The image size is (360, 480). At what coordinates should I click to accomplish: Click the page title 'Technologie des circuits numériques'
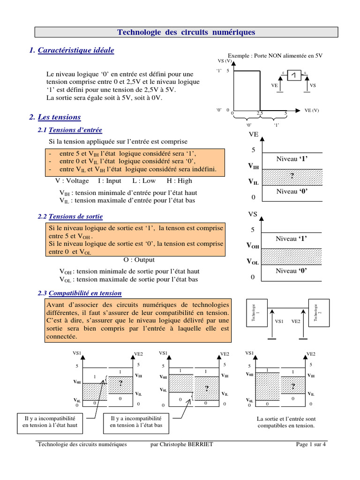(186, 32)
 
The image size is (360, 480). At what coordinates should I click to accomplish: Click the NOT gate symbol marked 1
(294, 76)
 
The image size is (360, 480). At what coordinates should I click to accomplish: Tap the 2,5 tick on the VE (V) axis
(260, 113)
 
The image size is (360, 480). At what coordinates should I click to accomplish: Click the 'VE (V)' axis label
(312, 111)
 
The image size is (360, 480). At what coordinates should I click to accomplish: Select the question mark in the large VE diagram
(292, 176)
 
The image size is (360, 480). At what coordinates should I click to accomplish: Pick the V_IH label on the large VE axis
(253, 166)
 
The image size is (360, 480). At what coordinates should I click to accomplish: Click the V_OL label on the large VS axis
(253, 262)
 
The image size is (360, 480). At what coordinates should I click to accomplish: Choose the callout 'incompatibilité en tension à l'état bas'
(136, 421)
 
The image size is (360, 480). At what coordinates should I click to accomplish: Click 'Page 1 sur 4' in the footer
(311, 444)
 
